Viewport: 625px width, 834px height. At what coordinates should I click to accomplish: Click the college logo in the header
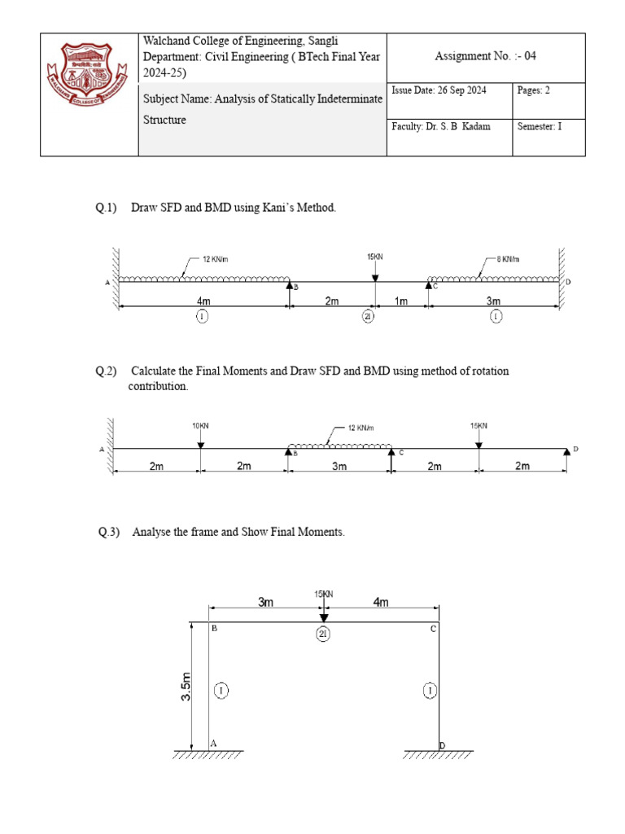tap(89, 94)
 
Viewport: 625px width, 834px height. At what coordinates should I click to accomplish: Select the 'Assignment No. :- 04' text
tap(486, 56)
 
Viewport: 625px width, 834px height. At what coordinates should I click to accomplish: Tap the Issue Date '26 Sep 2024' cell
tap(439, 90)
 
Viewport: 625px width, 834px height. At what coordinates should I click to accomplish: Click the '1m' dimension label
tap(401, 301)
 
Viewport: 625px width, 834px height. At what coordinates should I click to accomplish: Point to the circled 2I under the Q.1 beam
tap(368, 317)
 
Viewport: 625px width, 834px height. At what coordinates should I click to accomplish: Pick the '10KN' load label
tap(201, 426)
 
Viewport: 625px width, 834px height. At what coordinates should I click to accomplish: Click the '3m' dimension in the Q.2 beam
tap(339, 466)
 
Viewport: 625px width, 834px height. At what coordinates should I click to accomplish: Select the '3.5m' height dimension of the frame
tap(186, 687)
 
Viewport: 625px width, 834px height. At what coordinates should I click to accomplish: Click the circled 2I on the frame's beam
tap(323, 636)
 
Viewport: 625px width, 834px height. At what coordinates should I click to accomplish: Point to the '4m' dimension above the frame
tap(381, 603)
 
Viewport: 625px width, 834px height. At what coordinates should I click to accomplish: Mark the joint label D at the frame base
tap(442, 745)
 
